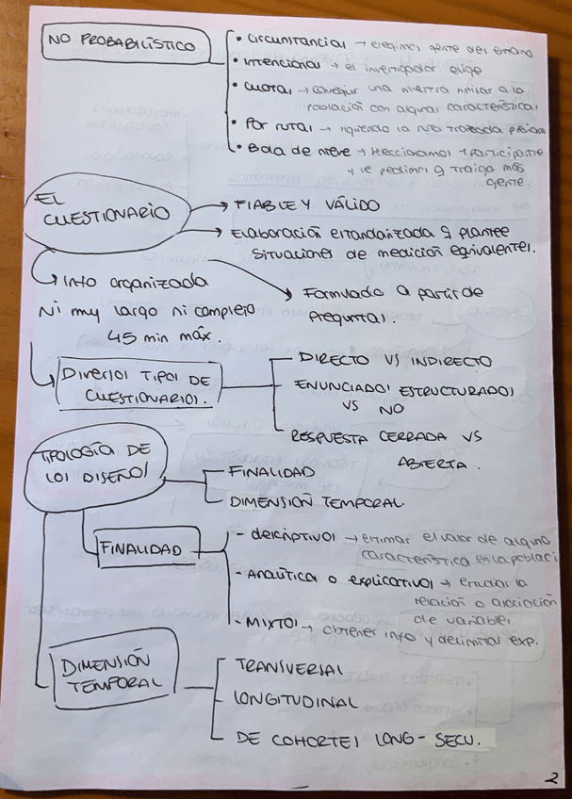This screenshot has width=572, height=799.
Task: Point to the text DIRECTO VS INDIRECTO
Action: (393, 361)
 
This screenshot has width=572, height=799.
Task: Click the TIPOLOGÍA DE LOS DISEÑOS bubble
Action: (90, 462)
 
